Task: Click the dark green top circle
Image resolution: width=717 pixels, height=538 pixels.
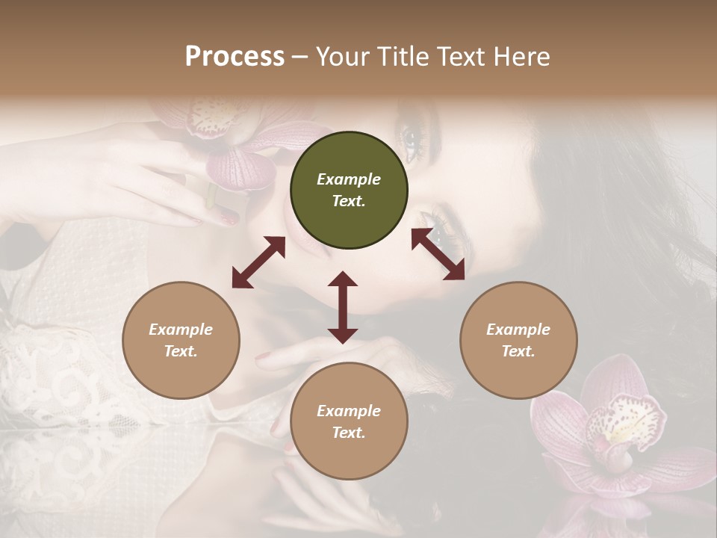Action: click(x=349, y=191)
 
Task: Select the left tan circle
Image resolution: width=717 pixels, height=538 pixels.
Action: click(x=181, y=340)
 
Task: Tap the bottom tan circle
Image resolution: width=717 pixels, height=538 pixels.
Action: click(x=349, y=421)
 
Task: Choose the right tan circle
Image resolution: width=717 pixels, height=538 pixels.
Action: click(x=518, y=340)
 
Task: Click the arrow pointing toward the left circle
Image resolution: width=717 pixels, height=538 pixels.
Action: click(x=258, y=262)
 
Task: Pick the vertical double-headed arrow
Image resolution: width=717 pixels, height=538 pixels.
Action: click(x=343, y=307)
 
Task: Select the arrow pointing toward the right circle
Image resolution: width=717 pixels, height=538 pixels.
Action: click(x=438, y=255)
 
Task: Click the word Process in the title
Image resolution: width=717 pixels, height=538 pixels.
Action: click(x=235, y=56)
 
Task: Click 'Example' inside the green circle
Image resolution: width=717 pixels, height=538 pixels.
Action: click(x=349, y=179)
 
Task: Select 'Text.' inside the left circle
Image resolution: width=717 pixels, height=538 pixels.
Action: click(x=181, y=351)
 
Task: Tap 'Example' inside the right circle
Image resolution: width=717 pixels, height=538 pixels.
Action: click(x=518, y=330)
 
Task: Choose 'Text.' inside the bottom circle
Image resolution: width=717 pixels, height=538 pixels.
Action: click(x=349, y=433)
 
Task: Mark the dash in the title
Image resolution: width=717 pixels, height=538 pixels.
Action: click(x=300, y=56)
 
